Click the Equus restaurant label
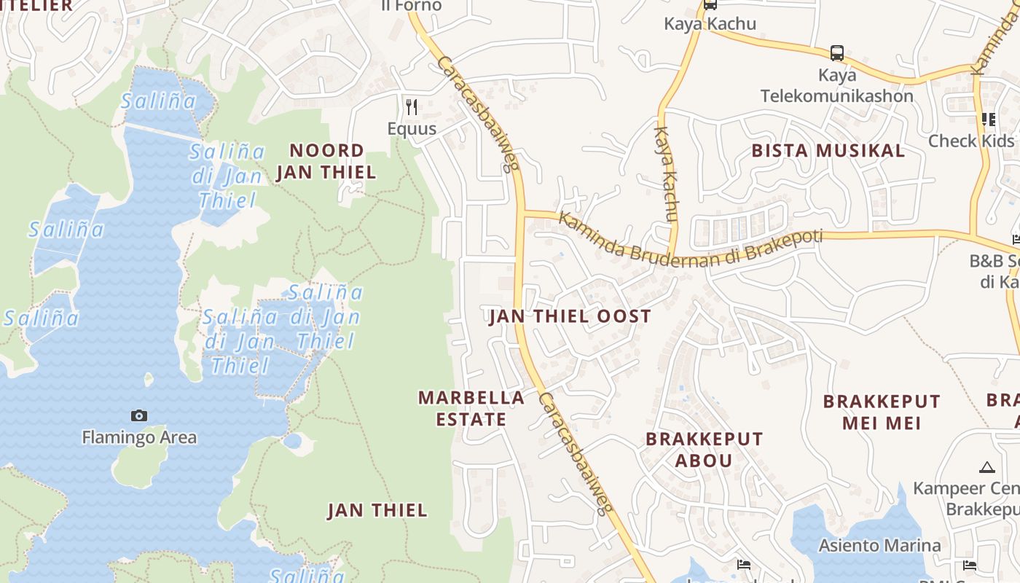412,129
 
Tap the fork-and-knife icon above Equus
412,107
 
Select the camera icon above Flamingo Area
138,415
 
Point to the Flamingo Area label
138,437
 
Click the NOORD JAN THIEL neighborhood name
326,161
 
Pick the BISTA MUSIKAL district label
828,151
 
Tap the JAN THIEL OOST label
570,316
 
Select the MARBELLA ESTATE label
471,408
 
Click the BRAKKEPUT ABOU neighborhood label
704,450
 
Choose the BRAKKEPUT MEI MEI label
882,412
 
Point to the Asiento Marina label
879,545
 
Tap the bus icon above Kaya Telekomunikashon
837,53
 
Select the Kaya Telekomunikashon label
836,85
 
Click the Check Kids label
970,141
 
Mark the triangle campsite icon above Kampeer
987,467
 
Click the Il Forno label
412,6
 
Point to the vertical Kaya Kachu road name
666,173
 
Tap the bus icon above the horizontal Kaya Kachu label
710,5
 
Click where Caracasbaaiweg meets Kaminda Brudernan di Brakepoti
520,213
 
